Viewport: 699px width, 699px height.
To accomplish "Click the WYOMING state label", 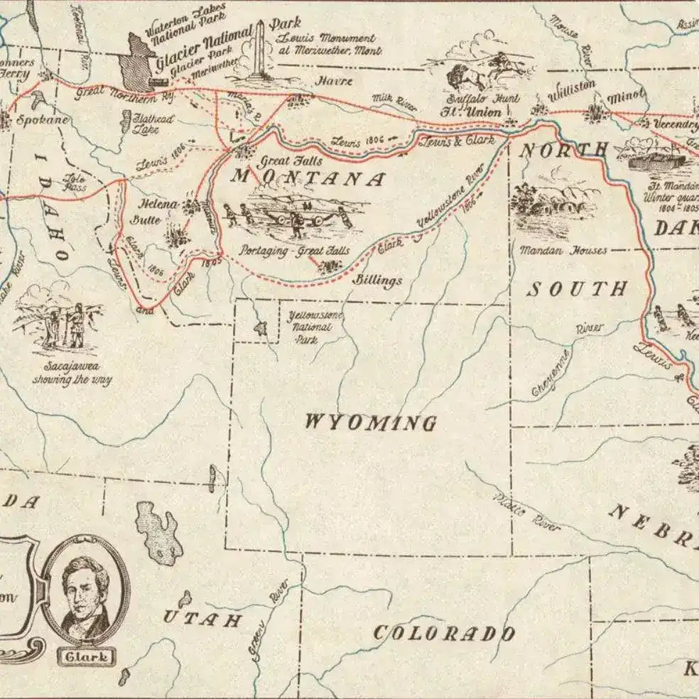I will point(370,423).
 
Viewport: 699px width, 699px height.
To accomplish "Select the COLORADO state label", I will point(444,633).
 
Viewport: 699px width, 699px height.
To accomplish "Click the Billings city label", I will point(378,281).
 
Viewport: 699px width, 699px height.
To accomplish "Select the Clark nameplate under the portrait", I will point(87,656).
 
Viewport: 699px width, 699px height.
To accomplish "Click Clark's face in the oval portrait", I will point(84,582).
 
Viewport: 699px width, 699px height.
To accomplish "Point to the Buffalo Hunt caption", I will point(493,99).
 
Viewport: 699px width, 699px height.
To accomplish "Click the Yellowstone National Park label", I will point(308,327).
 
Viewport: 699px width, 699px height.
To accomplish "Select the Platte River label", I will point(526,511).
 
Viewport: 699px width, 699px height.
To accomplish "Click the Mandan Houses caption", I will point(563,250).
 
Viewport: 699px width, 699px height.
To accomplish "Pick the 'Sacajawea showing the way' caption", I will point(72,373).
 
